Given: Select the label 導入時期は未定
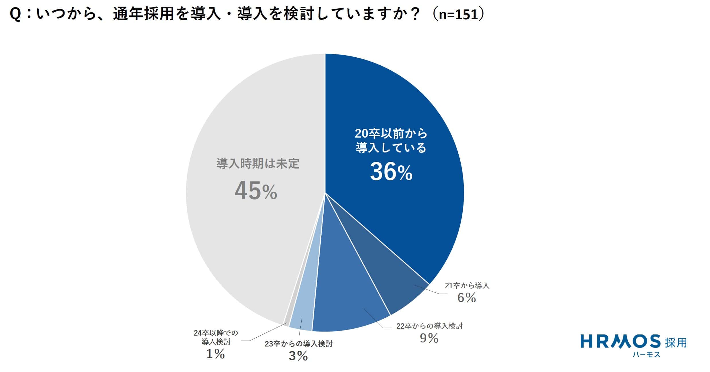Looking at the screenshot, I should pos(258,164).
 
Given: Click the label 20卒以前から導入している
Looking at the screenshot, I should pos(391,141).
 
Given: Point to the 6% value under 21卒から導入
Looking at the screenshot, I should pos(466,298).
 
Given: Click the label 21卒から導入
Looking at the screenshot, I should pos(467,285).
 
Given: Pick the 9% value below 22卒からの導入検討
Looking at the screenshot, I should pos(429,338).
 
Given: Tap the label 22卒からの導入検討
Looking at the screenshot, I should pos(429,326).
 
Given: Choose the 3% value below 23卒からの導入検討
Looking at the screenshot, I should pos(298,356).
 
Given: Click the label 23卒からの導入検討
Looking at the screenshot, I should pos(298,344).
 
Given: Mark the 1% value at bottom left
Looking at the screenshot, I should pos(216,354).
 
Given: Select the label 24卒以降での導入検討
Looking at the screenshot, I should pos(216,337).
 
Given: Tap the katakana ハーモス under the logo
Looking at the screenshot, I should pos(646,355).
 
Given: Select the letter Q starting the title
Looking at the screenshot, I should pos(15,15).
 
